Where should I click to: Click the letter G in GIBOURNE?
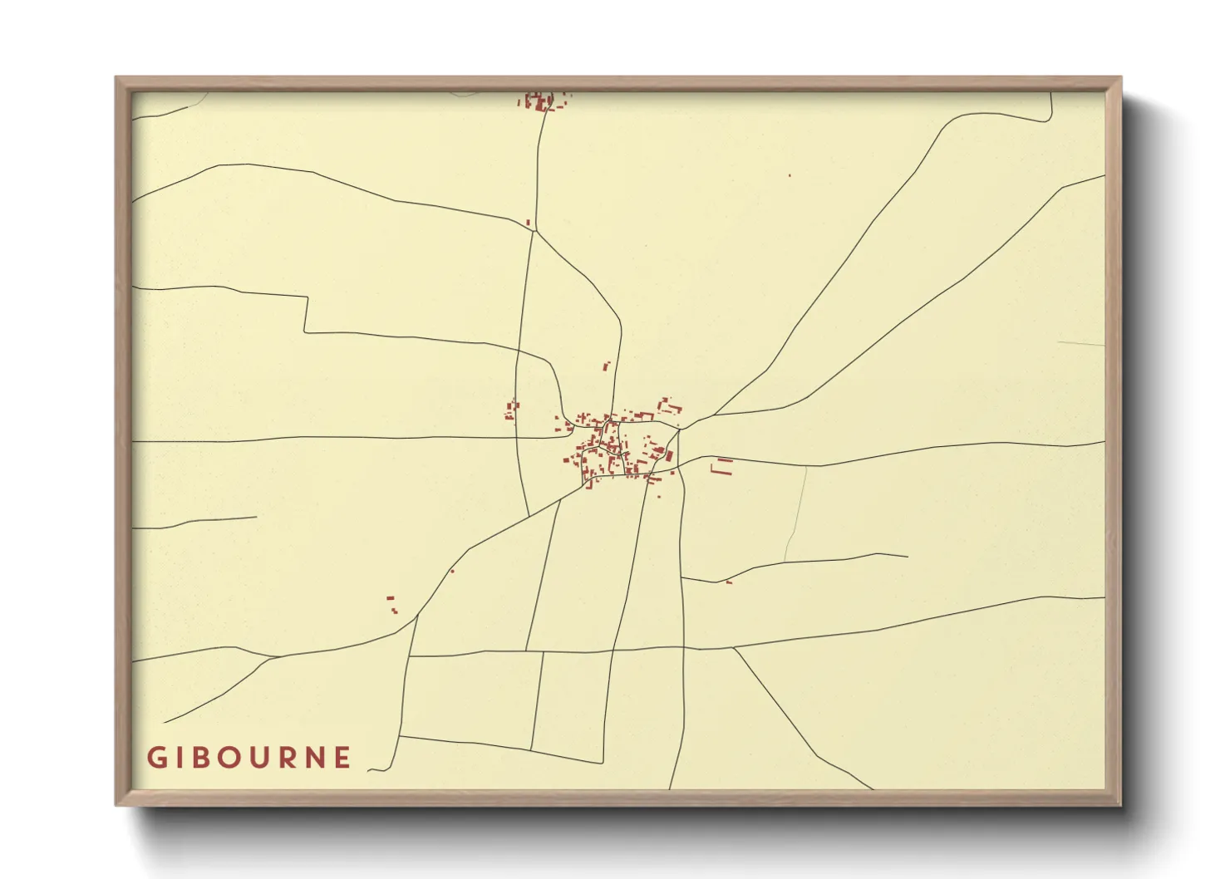tap(155, 758)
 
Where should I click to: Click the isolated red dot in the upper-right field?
tap(790, 175)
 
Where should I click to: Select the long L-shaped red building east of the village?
tap(722, 467)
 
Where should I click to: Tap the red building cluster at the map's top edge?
tap(542, 101)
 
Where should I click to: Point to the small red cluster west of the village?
tap(511, 410)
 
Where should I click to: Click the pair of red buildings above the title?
tap(391, 603)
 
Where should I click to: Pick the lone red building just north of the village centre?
tap(607, 365)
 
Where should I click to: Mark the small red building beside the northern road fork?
tap(528, 222)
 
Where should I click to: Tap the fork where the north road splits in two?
tap(534, 231)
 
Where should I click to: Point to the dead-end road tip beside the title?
tap(369, 769)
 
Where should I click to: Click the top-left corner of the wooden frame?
tap(116, 78)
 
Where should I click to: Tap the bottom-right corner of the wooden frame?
tap(1120, 804)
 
